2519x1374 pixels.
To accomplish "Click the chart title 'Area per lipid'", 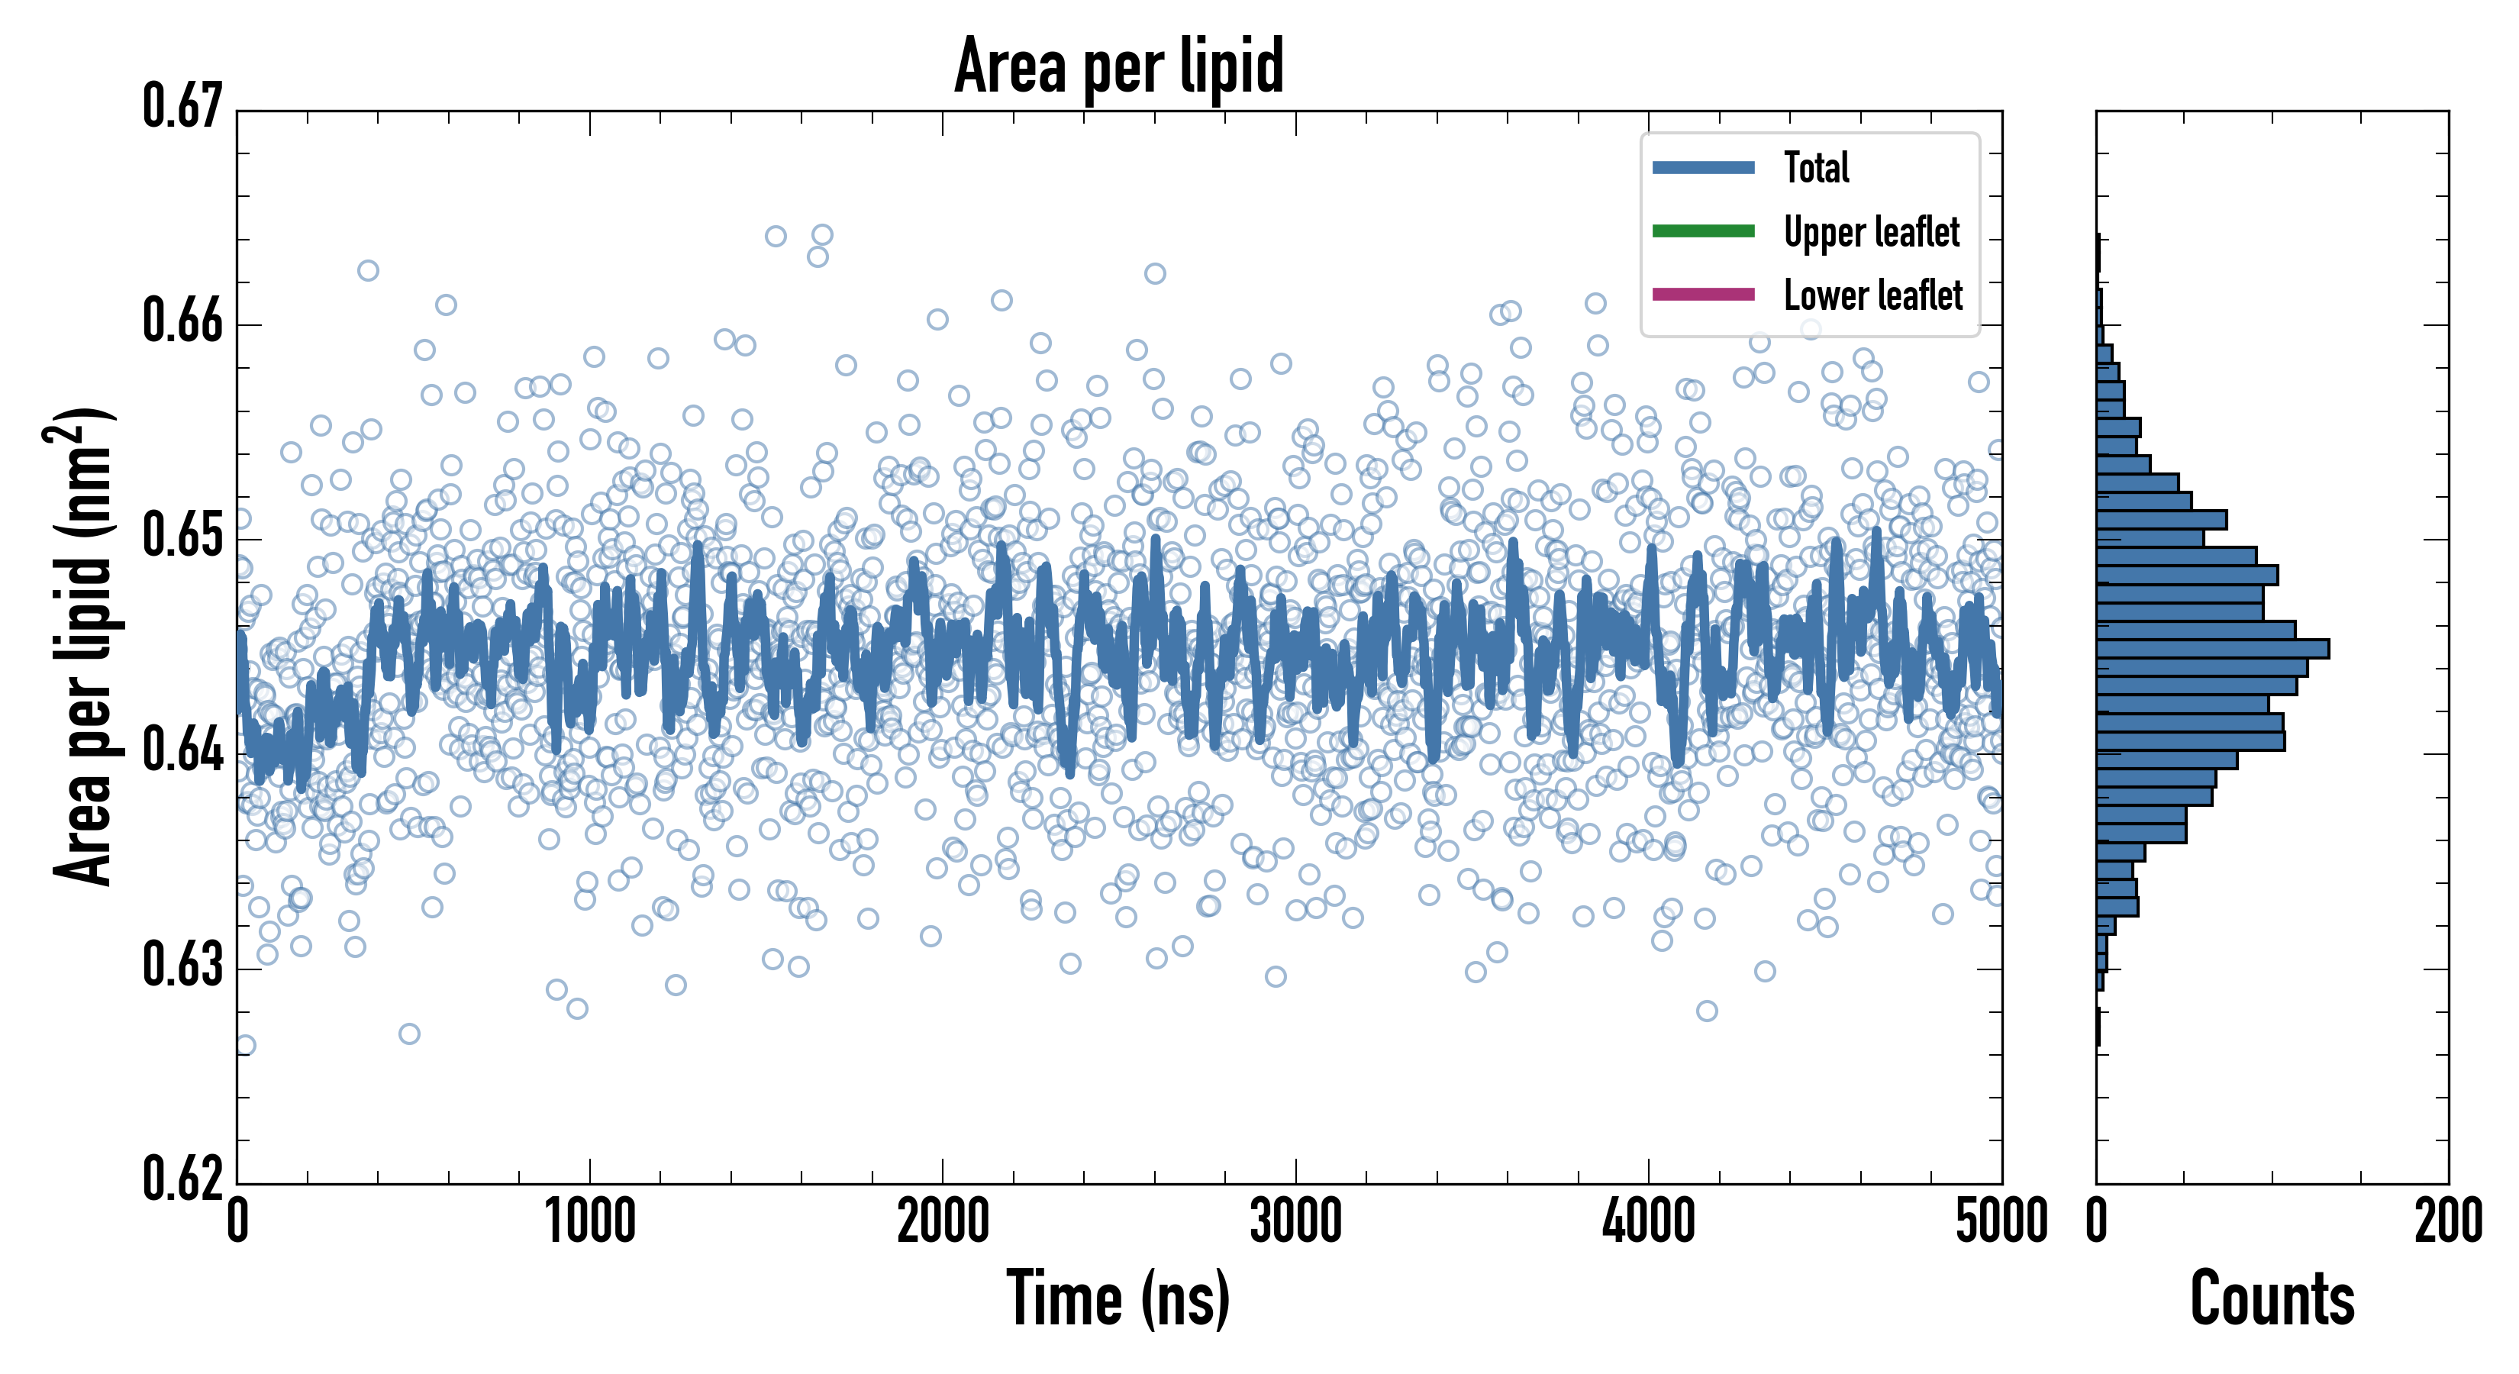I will click(1119, 66).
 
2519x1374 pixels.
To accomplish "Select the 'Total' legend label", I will click(1816, 167).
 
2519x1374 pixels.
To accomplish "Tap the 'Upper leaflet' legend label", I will click(1871, 232).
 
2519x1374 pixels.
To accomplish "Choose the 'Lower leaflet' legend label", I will click(1872, 295).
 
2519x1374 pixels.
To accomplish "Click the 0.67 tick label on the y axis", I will click(183, 107).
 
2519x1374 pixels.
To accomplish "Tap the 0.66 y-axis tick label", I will click(183, 321).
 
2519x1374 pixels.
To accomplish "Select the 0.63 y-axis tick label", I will click(183, 965).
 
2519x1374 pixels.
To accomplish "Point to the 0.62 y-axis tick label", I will click(183, 1179).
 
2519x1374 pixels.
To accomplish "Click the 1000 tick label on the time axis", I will click(589, 1222).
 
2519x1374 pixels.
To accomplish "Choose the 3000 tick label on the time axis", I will click(1295, 1222).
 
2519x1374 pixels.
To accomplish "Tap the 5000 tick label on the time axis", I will click(2001, 1222).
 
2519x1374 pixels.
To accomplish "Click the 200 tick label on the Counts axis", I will click(2447, 1222).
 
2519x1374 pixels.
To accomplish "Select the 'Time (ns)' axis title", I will click(1119, 1298).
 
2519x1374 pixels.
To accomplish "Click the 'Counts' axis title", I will click(2272, 1298).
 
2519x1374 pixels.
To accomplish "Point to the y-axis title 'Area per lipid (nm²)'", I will click(83, 647).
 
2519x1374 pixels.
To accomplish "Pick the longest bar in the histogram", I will click(2212, 648).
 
